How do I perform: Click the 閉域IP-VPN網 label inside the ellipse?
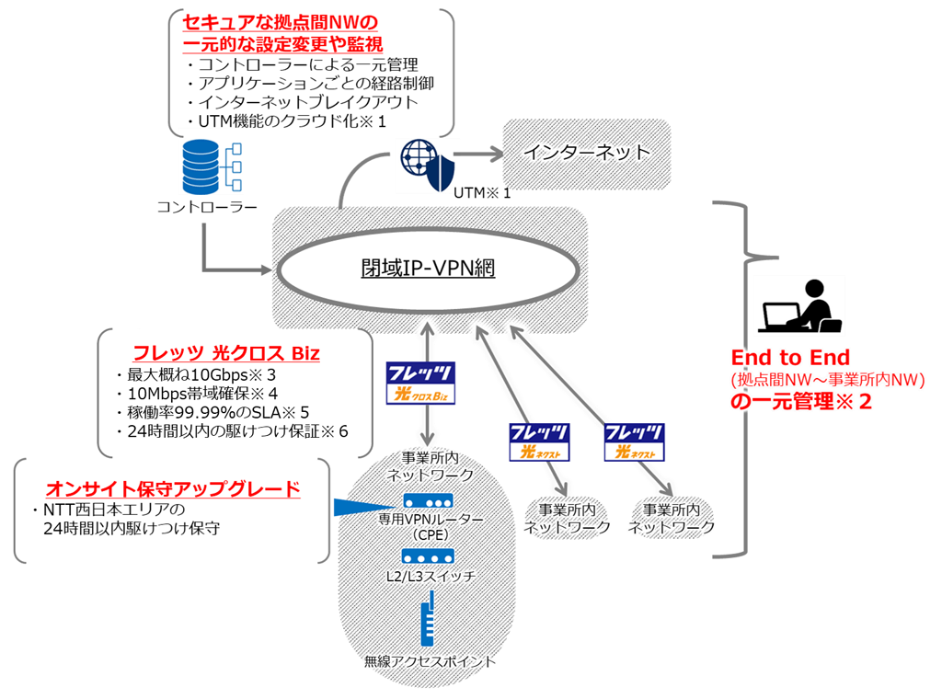[x=428, y=269]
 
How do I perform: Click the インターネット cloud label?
[x=587, y=153]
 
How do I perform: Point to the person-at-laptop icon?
[x=798, y=306]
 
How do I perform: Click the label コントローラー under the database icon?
[x=207, y=208]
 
